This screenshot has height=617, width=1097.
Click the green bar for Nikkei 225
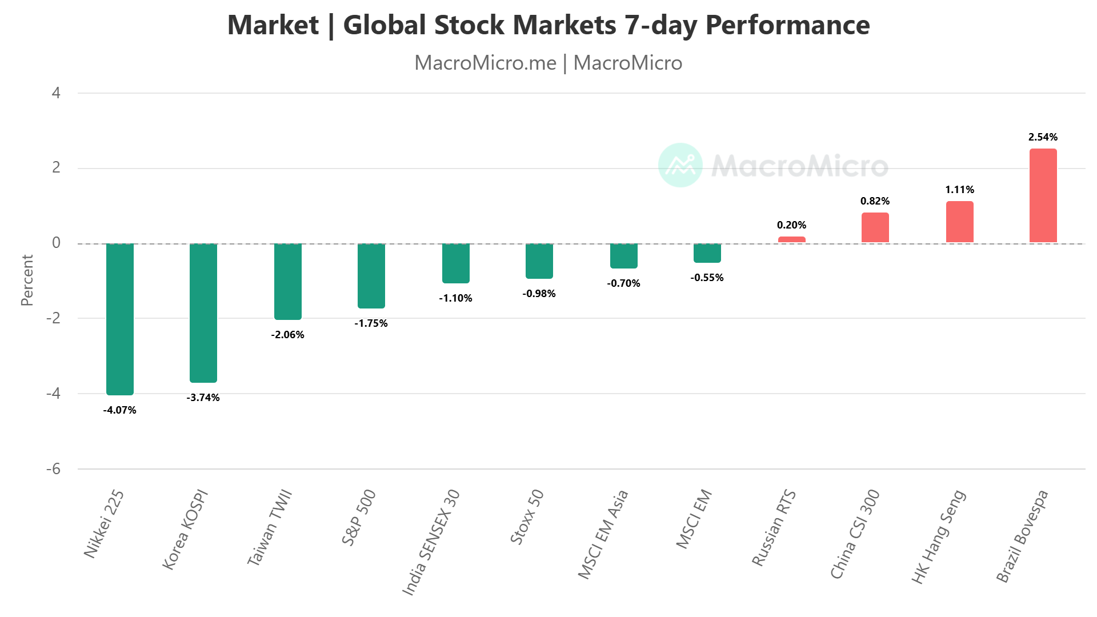click(120, 319)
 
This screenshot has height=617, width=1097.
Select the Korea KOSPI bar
click(203, 312)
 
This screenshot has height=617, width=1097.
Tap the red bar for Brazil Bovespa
click(1043, 196)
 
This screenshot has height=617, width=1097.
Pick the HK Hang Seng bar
click(959, 222)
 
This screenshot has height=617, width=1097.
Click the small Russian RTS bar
click(791, 240)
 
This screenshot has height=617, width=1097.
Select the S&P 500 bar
click(371, 276)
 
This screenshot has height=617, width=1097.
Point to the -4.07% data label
click(120, 410)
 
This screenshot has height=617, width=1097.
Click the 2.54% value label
click(1043, 137)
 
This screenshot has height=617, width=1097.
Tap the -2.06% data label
click(287, 335)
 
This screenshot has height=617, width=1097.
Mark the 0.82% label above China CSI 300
click(875, 201)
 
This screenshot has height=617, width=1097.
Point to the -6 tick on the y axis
click(53, 469)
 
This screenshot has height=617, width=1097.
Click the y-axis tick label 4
click(56, 93)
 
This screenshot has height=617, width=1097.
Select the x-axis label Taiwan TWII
click(270, 527)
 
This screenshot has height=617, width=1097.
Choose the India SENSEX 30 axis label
click(431, 542)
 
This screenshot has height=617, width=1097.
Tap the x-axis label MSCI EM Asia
click(603, 534)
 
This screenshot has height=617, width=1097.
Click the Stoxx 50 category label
click(527, 517)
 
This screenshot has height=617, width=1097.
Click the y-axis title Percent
click(27, 280)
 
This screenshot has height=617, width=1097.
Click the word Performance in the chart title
click(787, 25)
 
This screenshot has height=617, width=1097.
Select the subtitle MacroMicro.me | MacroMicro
click(548, 63)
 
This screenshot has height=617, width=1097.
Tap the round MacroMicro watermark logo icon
click(680, 165)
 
